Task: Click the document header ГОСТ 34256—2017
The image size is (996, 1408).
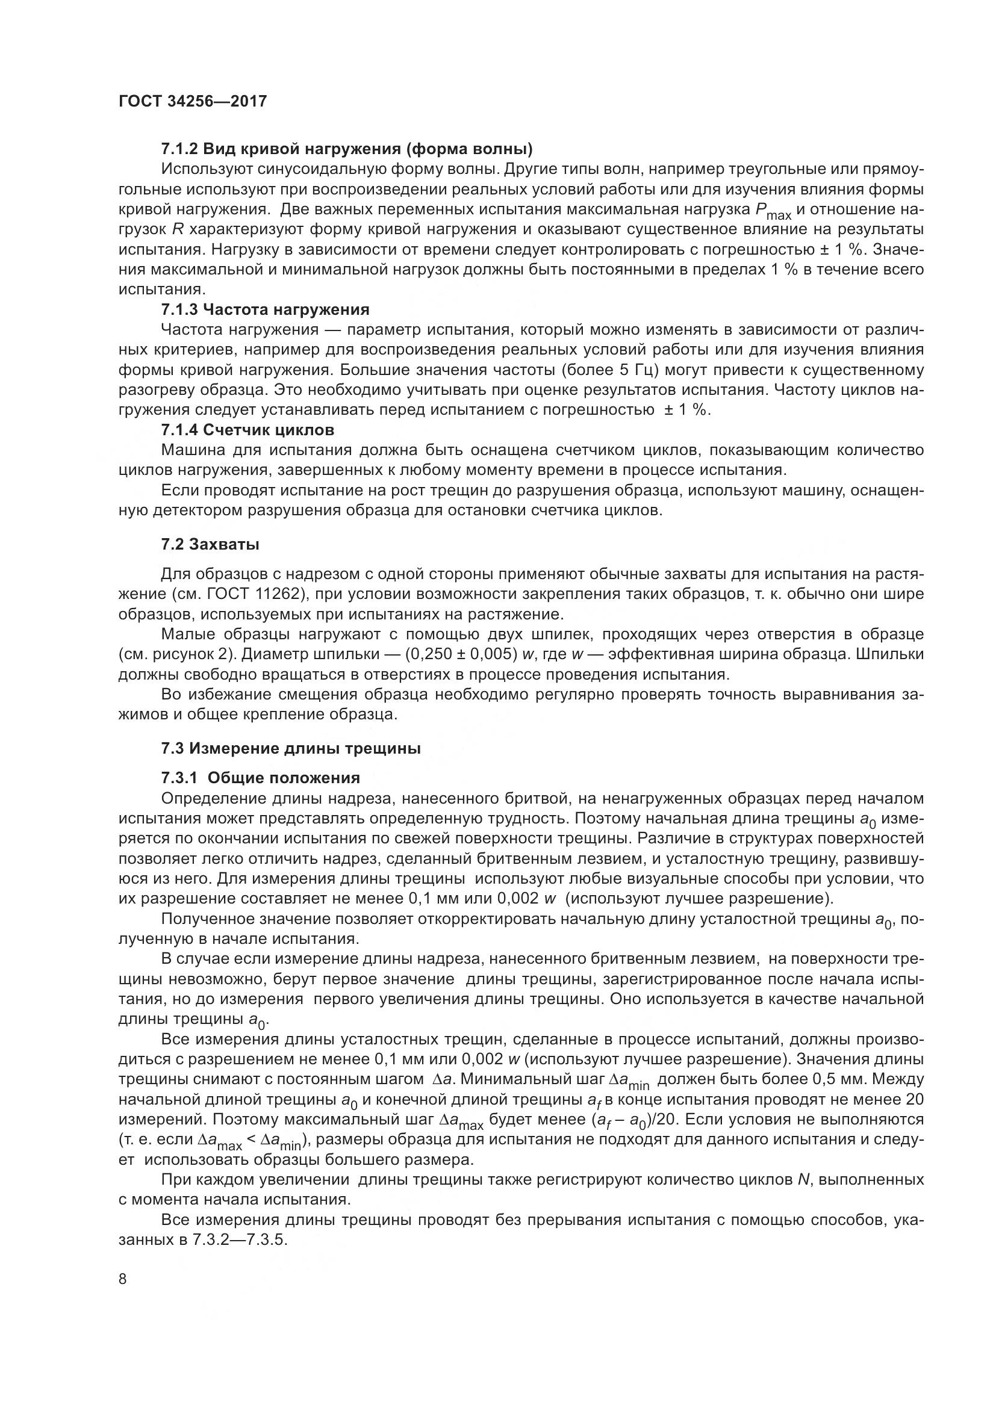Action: [193, 101]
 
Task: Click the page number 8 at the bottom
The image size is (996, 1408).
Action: [123, 1279]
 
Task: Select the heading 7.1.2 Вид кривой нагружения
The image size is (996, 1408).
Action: [346, 149]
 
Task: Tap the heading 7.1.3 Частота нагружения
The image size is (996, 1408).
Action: [265, 309]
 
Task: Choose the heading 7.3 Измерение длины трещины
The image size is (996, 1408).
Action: [291, 748]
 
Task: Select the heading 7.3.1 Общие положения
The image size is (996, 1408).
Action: [260, 778]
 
